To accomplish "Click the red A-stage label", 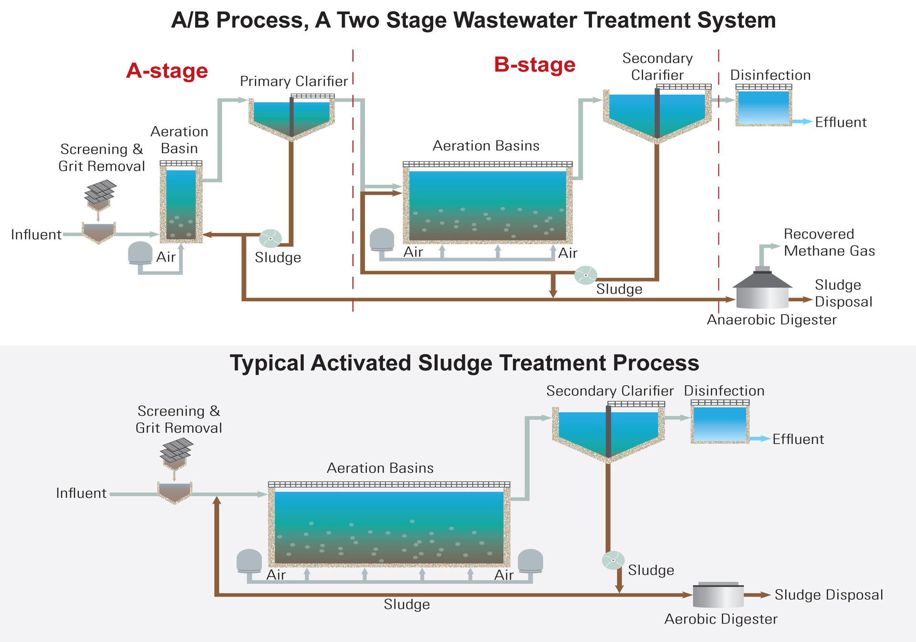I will (x=167, y=71).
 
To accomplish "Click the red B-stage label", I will (x=534, y=64).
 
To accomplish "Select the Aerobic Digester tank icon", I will (x=718, y=595).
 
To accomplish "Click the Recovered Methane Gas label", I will (x=829, y=242).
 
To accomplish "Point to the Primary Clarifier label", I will (x=294, y=81).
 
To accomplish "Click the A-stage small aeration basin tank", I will (x=181, y=203).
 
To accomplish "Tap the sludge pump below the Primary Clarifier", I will (x=271, y=238).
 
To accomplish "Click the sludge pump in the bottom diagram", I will (x=613, y=560).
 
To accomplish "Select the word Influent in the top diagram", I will (x=36, y=235).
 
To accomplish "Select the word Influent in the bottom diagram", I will (x=81, y=493).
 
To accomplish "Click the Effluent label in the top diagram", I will (x=840, y=122).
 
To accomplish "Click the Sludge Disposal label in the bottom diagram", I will (x=828, y=595).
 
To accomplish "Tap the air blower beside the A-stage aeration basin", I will (x=140, y=253).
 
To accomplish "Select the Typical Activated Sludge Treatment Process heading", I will (x=464, y=363).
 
